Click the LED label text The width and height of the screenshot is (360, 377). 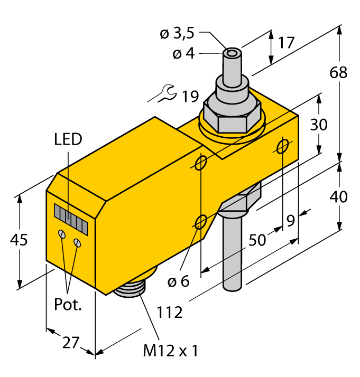click(69, 139)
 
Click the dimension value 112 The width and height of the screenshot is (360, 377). click(170, 312)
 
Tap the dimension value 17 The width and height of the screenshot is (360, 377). click(286, 42)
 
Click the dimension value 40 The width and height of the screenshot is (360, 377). click(338, 196)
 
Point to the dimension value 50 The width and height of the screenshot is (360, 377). click(257, 240)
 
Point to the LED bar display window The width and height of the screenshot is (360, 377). click(70, 218)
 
